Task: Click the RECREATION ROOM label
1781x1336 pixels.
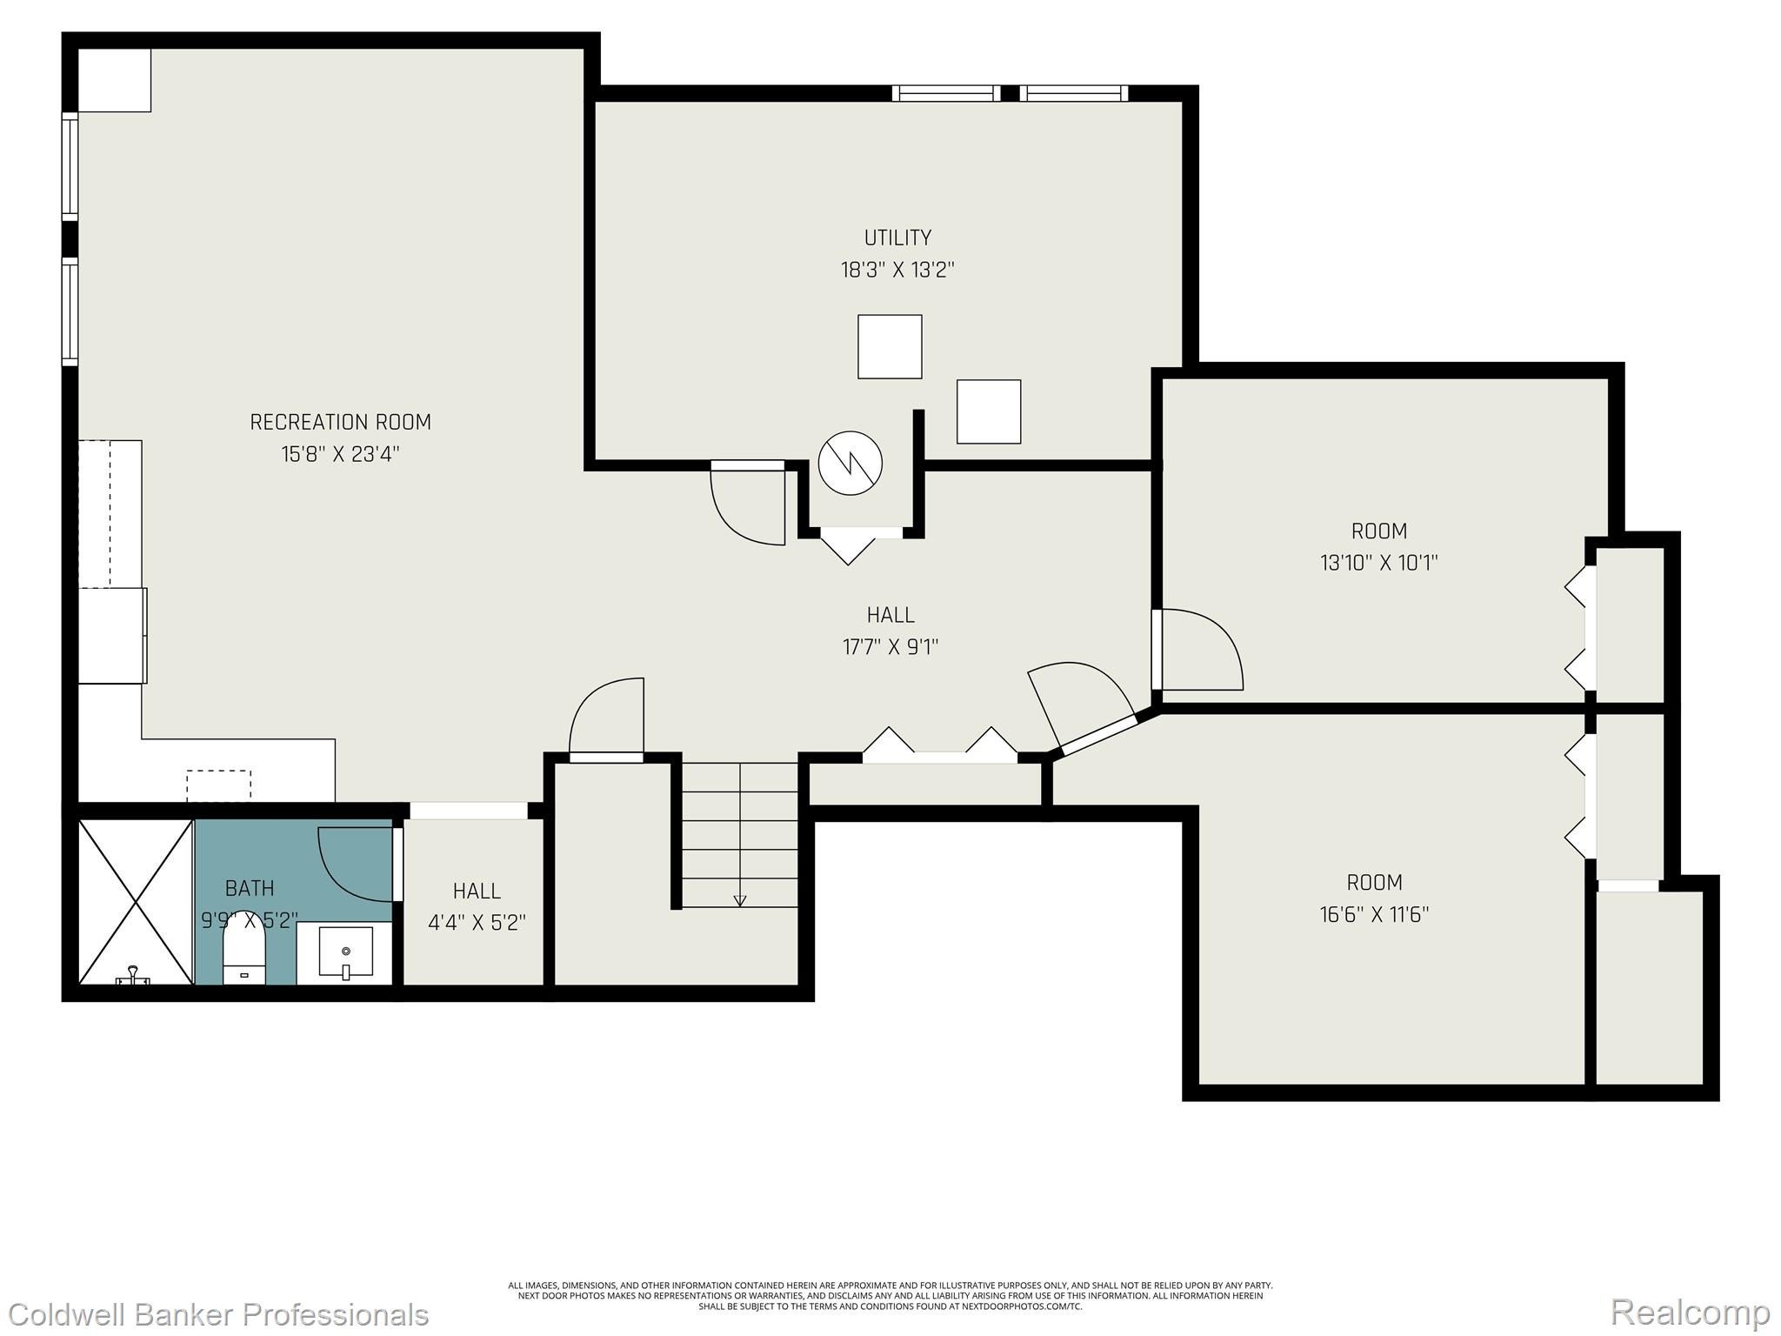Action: click(x=340, y=422)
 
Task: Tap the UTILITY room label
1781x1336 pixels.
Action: click(x=897, y=237)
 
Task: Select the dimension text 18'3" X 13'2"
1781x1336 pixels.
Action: click(x=897, y=270)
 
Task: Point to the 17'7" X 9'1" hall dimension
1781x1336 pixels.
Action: click(x=890, y=647)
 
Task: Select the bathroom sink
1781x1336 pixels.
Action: click(x=345, y=952)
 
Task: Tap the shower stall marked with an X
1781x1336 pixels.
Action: click(x=136, y=901)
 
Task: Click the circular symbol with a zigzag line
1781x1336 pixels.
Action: click(x=850, y=464)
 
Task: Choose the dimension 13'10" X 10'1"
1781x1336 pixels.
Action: click(x=1378, y=563)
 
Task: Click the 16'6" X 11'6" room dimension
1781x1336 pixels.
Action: click(x=1374, y=915)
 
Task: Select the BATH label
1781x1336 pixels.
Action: click(x=250, y=888)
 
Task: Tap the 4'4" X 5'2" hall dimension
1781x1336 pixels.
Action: click(x=477, y=923)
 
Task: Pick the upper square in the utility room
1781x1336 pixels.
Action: click(x=890, y=346)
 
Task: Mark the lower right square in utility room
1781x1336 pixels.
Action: click(x=989, y=411)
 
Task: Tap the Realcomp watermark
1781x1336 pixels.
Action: click(x=1690, y=1313)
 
